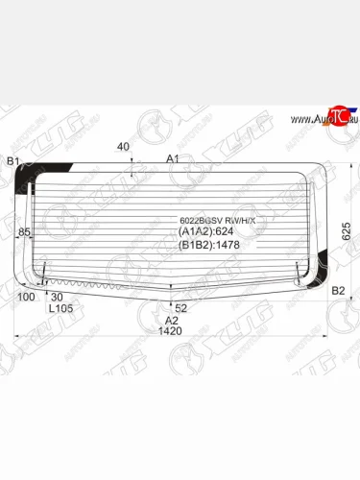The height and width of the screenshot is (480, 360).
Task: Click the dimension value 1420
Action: click(170, 331)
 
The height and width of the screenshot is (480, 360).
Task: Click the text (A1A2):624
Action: click(206, 231)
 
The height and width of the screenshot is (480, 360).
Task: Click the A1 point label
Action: click(173, 158)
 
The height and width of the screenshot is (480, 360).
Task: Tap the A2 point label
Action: click(170, 320)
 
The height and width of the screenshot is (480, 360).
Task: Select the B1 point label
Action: click(13, 161)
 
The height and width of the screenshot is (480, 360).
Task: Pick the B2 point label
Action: click(338, 290)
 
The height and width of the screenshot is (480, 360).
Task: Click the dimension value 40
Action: click(123, 147)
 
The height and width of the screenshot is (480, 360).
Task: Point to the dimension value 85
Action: click(24, 232)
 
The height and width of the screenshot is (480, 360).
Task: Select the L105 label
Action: click(60, 309)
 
